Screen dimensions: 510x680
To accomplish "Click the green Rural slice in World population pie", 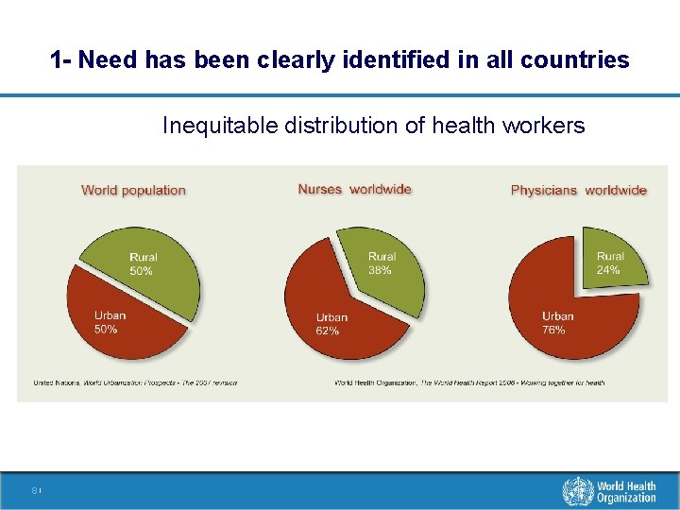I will [x=151, y=269].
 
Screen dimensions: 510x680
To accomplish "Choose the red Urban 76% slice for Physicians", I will [x=567, y=316].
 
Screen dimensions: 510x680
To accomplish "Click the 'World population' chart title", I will [x=133, y=190].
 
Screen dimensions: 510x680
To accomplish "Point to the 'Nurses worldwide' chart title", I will [x=354, y=189].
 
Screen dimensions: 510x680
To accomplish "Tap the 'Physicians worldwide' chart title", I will [x=578, y=190].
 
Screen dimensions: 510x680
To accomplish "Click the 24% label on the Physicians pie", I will [x=608, y=270].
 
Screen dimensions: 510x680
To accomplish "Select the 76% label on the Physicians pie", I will [x=553, y=330].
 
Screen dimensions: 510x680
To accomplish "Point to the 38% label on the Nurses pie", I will [x=380, y=270].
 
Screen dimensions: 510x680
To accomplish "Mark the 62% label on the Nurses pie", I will [x=328, y=331].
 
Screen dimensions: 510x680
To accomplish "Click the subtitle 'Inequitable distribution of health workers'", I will [x=373, y=126].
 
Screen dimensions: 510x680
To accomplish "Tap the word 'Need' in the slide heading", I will [x=105, y=60].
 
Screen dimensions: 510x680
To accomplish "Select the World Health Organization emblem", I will [x=577, y=492].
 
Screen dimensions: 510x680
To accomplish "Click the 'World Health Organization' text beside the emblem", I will [x=625, y=492].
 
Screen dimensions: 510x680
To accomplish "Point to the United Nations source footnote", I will [x=135, y=382].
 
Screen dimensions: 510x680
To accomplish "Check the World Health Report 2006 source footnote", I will [x=469, y=382].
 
